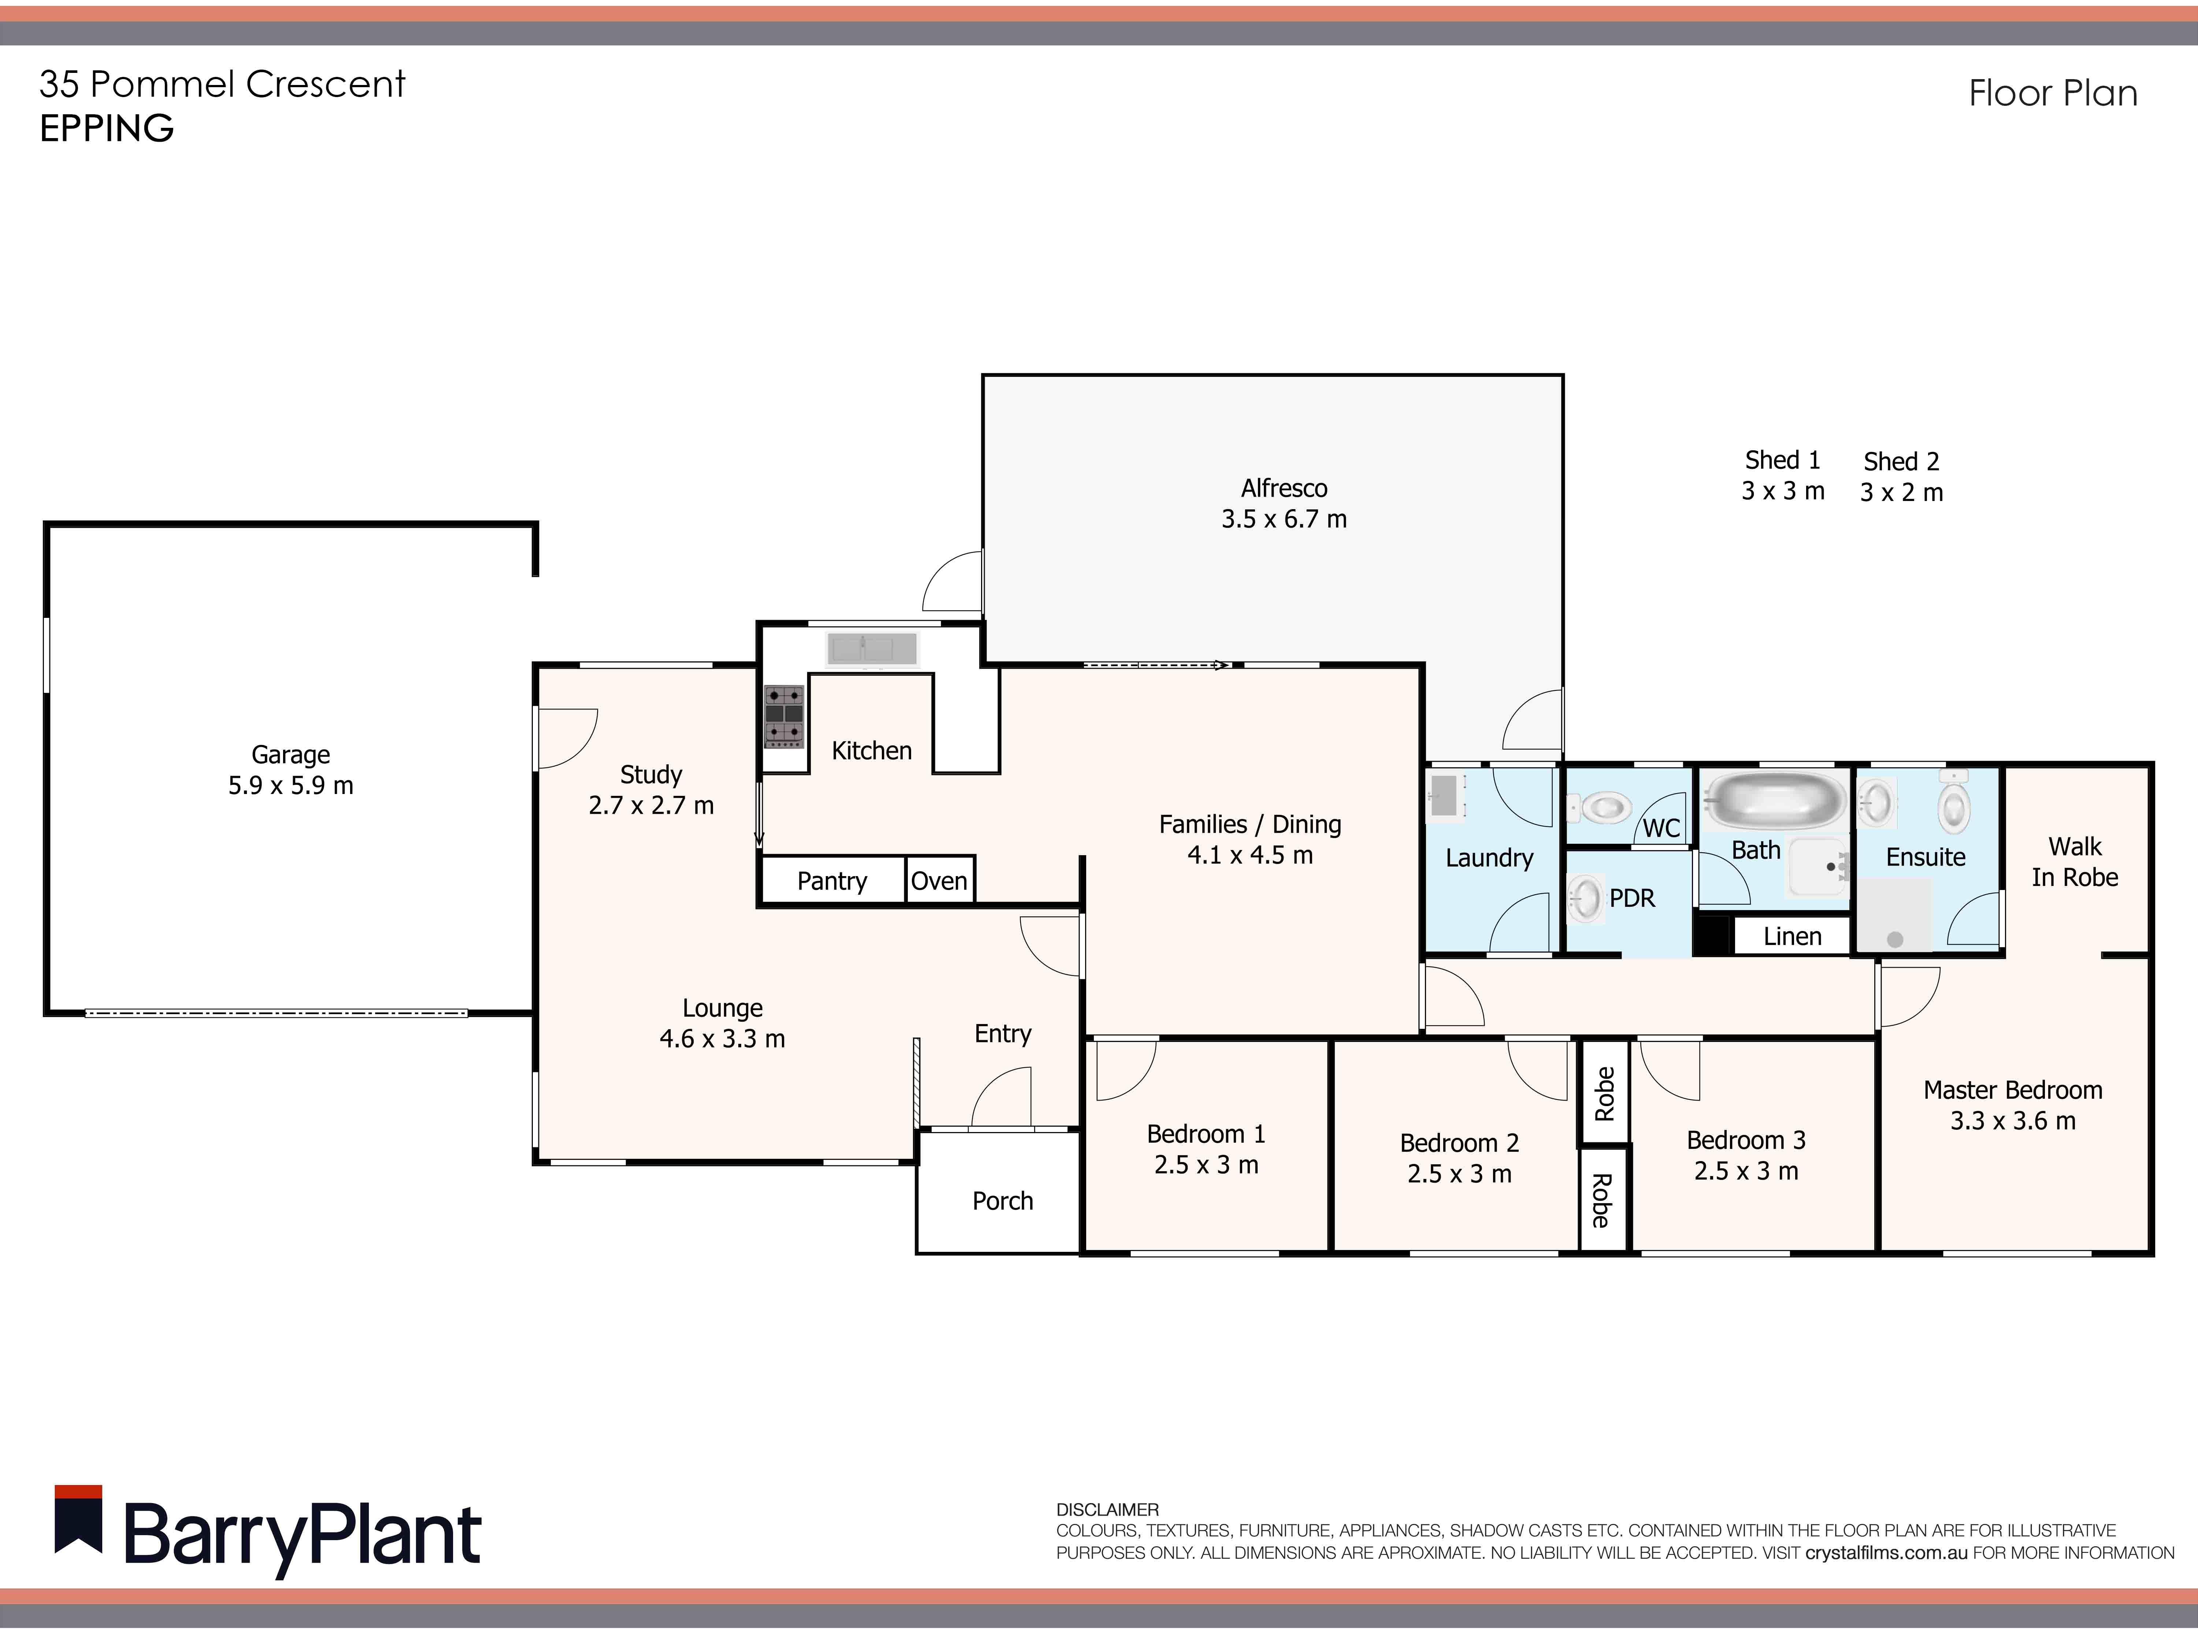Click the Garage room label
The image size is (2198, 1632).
pos(290,755)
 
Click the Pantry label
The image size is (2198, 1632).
pos(832,881)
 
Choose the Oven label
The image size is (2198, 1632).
pos(939,881)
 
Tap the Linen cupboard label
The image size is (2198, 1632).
pos(1792,936)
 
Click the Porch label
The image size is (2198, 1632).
pos(1003,1201)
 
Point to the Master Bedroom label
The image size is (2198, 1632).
pos(2012,1091)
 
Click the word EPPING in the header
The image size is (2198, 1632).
pos(107,129)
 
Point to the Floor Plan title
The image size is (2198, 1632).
pos(2053,94)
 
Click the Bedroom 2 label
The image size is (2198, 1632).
pos(1459,1143)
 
